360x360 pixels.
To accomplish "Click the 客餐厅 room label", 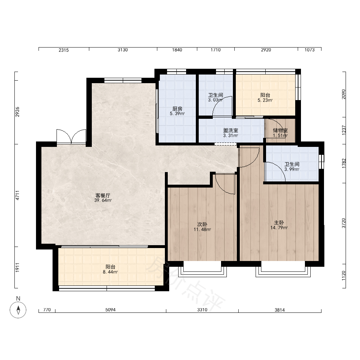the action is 103,195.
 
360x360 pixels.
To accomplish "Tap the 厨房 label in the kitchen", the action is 177,109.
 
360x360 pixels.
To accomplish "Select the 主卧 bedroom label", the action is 279,223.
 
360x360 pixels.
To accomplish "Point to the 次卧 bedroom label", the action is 202,224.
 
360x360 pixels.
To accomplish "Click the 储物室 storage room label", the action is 280,130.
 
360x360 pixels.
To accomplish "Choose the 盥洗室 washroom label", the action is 231,130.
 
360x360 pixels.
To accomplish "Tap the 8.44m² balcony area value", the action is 111,272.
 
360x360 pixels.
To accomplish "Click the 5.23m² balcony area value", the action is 265,100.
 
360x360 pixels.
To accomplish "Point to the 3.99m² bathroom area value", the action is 292,170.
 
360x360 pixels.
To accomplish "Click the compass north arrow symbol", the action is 18,310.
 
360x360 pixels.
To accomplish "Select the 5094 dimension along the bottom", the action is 111,310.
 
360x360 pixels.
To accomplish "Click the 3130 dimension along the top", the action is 123,50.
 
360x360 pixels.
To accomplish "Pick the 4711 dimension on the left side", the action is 17,195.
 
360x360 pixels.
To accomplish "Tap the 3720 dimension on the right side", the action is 343,223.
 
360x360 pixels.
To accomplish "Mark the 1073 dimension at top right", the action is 310,50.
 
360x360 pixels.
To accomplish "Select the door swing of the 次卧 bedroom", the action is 225,184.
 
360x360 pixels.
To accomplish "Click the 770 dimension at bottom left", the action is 47,310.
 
